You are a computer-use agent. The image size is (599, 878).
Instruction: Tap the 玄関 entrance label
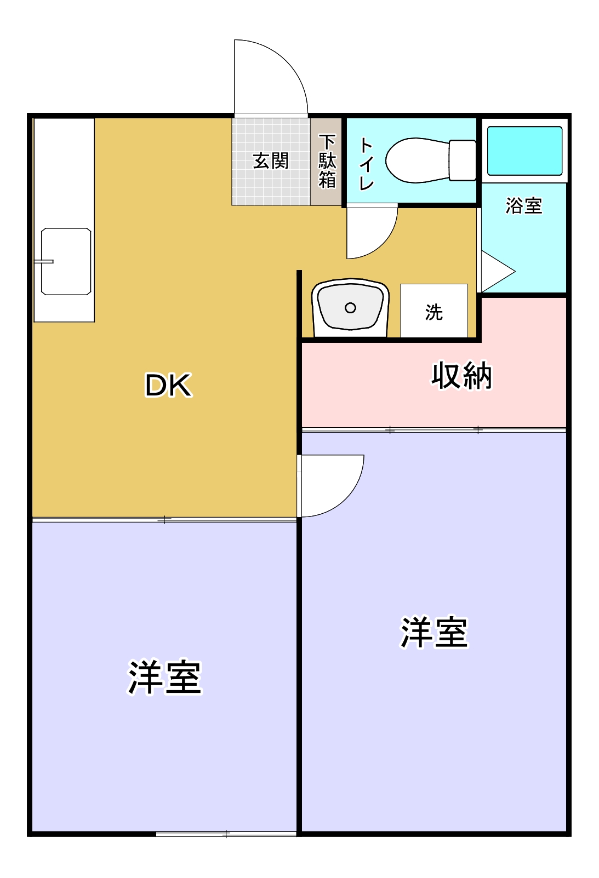click(x=270, y=161)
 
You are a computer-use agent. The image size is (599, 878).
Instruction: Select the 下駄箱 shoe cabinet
click(x=327, y=162)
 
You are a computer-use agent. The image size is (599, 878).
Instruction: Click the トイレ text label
click(x=366, y=163)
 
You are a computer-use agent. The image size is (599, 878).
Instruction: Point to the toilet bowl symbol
click(x=417, y=160)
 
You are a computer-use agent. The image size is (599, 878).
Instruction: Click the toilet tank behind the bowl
click(x=463, y=160)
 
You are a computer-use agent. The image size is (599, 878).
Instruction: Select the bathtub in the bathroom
click(x=524, y=151)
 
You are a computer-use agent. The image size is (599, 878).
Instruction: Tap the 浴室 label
click(x=523, y=206)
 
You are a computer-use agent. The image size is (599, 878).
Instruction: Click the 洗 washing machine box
click(x=433, y=311)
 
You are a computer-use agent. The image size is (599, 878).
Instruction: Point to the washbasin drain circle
click(x=350, y=308)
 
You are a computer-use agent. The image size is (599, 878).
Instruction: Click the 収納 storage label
click(x=461, y=376)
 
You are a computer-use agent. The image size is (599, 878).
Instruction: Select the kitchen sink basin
click(x=66, y=262)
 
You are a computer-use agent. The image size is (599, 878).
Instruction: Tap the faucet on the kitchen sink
click(x=44, y=261)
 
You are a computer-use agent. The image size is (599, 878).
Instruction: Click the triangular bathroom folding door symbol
click(x=497, y=272)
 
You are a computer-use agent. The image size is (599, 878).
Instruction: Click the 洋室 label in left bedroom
click(x=164, y=677)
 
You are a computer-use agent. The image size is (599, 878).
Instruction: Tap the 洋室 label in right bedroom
click(x=433, y=633)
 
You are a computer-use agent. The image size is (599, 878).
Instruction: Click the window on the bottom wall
click(x=226, y=834)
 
